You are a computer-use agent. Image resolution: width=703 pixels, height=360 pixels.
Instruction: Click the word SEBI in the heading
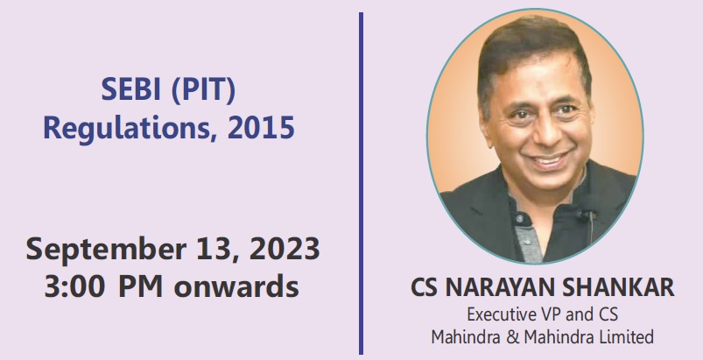(x=130, y=89)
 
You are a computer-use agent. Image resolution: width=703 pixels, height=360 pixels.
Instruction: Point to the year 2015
(x=261, y=128)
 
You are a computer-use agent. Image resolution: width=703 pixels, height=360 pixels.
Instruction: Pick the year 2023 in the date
(x=285, y=249)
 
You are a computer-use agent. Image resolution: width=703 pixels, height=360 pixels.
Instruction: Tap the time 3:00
(x=75, y=287)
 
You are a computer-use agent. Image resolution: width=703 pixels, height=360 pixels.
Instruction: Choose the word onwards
(x=236, y=287)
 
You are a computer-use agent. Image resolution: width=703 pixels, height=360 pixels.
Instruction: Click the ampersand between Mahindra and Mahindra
(x=512, y=336)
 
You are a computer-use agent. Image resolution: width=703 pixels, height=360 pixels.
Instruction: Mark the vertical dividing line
(x=361, y=183)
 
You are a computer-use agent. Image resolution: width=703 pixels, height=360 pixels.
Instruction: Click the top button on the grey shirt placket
(x=520, y=218)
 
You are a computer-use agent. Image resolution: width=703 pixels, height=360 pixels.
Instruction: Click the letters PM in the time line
(x=140, y=287)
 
